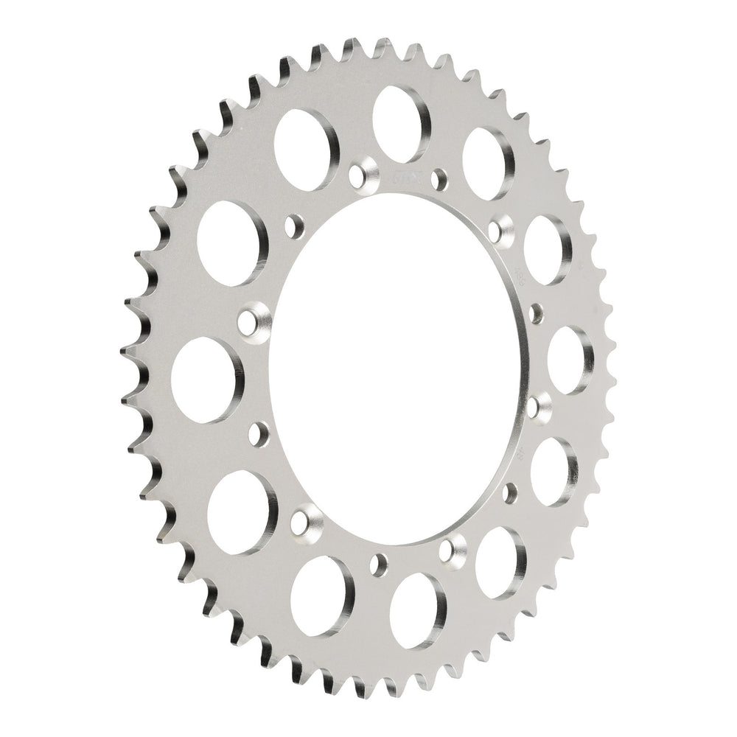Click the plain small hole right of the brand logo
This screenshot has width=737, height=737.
[441, 177]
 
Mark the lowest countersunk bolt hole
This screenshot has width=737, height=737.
[452, 550]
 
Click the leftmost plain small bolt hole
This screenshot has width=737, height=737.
[259, 433]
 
